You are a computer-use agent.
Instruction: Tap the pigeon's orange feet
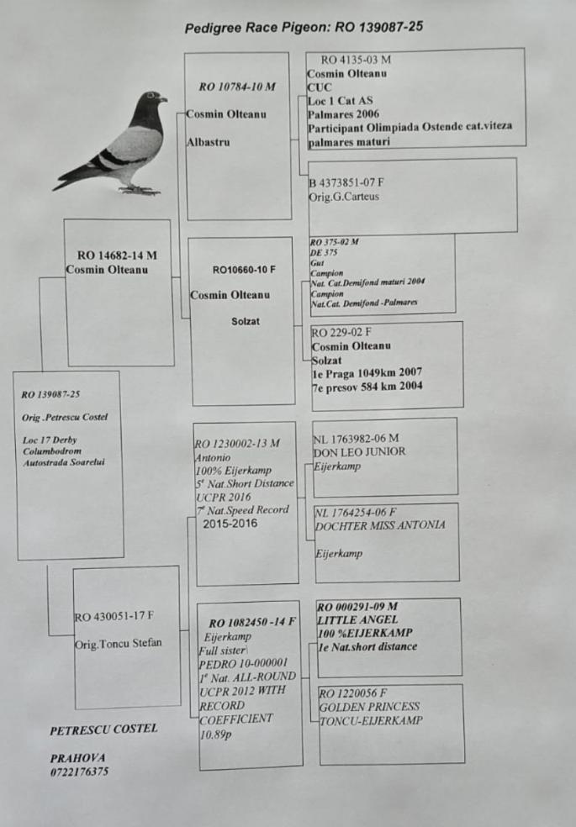pyautogui.click(x=138, y=191)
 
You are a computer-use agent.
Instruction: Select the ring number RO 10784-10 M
pyautogui.click(x=237, y=87)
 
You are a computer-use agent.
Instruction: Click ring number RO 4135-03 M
pyautogui.click(x=357, y=60)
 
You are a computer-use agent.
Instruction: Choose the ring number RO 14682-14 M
pyautogui.click(x=117, y=255)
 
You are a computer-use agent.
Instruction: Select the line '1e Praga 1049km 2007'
pyautogui.click(x=367, y=372)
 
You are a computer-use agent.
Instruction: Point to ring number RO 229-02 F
pyautogui.click(x=346, y=332)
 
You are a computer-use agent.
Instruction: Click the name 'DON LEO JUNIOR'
pyautogui.click(x=359, y=451)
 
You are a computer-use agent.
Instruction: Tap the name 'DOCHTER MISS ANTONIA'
pyautogui.click(x=379, y=525)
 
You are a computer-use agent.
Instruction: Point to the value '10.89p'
pyautogui.click(x=216, y=734)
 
